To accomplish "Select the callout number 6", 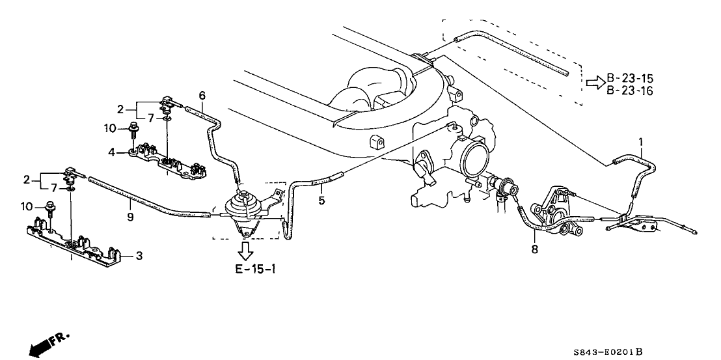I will pos(202,96).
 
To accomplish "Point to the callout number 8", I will pos(535,248).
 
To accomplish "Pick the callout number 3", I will pos(139,256).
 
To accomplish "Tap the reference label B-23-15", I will pos(630,79).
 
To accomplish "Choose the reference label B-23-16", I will pos(630,90).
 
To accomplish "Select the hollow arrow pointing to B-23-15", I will pos(595,83).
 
